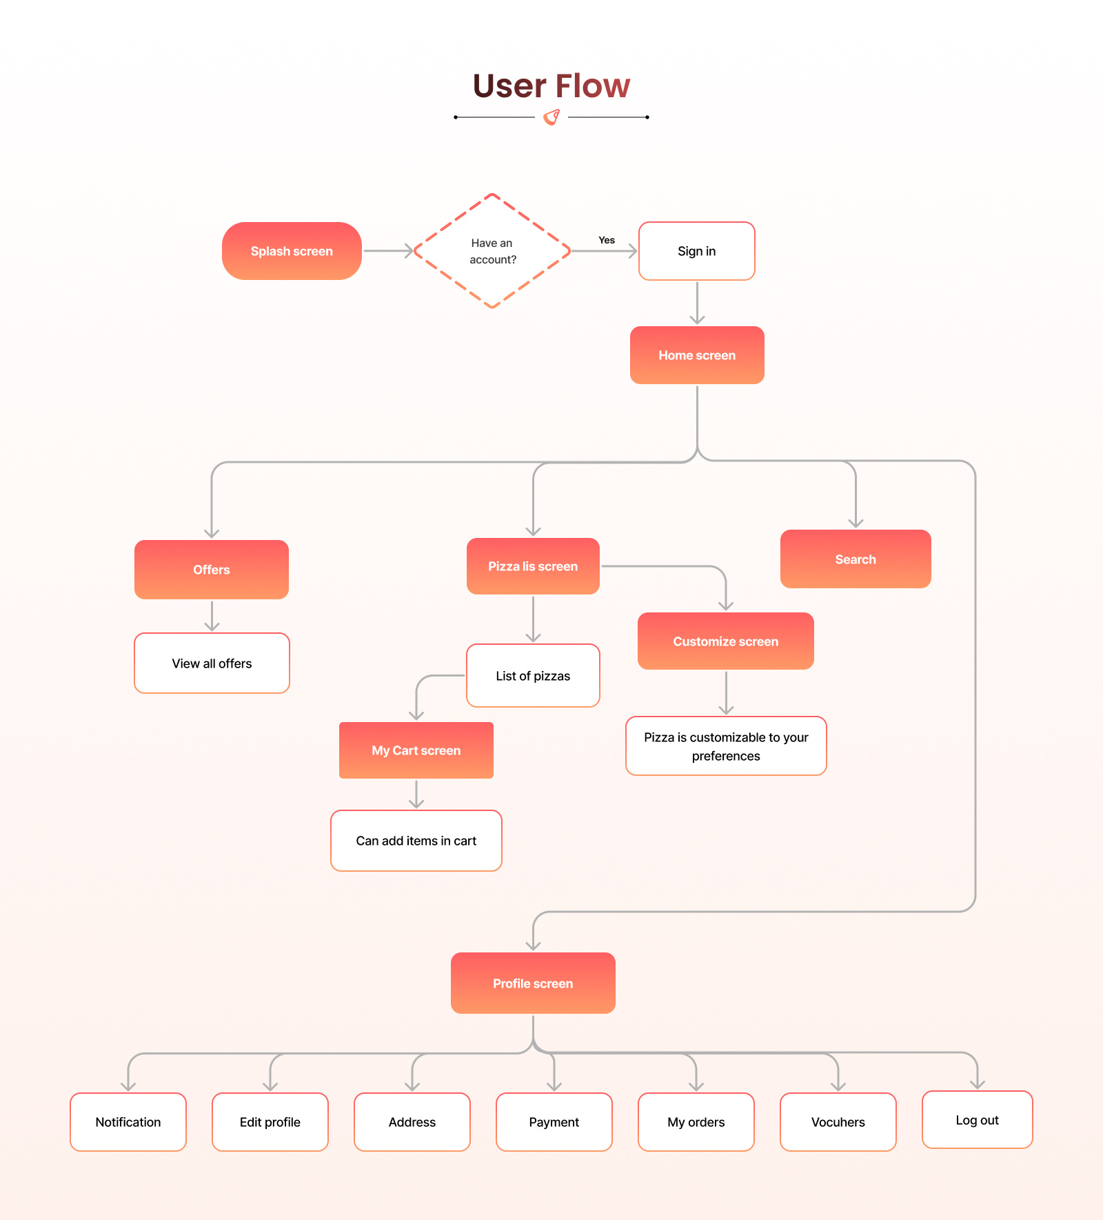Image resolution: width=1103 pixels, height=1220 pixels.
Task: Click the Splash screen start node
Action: pyautogui.click(x=292, y=251)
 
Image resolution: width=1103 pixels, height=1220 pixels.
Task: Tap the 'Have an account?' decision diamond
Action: pyautogui.click(x=492, y=251)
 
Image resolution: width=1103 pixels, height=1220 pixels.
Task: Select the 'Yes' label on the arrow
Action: pyautogui.click(x=607, y=240)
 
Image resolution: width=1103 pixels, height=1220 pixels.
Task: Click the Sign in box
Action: pyautogui.click(x=696, y=251)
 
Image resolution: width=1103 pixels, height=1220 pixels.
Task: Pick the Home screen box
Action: pyautogui.click(x=697, y=355)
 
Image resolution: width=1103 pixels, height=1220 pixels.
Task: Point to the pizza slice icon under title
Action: pyautogui.click(x=551, y=117)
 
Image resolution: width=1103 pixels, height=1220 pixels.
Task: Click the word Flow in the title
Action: pyautogui.click(x=592, y=86)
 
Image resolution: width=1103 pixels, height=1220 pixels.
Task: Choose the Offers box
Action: pyautogui.click(x=212, y=570)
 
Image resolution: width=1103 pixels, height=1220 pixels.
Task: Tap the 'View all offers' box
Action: pyautogui.click(x=212, y=663)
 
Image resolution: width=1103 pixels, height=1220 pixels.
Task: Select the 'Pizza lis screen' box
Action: pyautogui.click(x=533, y=566)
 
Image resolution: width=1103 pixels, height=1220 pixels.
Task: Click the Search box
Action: pyautogui.click(x=856, y=559)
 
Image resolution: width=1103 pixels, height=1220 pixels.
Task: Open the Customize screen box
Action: pyautogui.click(x=726, y=641)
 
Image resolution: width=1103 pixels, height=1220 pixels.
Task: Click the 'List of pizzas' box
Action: pyautogui.click(x=533, y=676)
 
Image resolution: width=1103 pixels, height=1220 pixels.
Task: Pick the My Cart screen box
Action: pyautogui.click(x=416, y=750)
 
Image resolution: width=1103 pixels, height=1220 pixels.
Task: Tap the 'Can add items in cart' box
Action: pyautogui.click(x=416, y=841)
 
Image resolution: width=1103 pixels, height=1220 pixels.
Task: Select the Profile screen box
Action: pyautogui.click(x=533, y=983)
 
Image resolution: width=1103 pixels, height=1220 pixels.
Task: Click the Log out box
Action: pyautogui.click(x=977, y=1120)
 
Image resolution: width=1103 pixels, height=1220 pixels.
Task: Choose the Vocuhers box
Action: pyautogui.click(x=838, y=1122)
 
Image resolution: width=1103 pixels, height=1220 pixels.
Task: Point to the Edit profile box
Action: pyautogui.click(x=270, y=1122)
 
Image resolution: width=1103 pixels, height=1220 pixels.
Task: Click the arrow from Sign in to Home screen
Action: pyautogui.click(x=697, y=303)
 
